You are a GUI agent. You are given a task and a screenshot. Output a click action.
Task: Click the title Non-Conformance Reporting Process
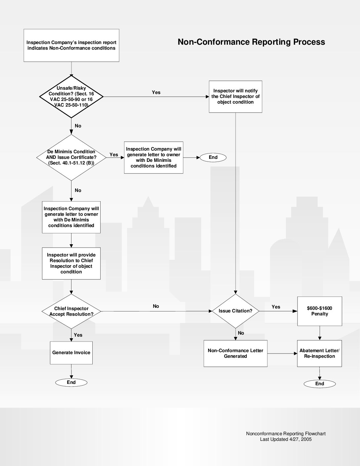point(251,42)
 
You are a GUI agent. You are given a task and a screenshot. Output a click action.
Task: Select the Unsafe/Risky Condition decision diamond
point(71,97)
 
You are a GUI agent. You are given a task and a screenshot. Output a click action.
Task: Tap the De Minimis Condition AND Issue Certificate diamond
point(71,157)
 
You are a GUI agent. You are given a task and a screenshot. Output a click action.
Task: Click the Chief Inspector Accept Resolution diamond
point(71,311)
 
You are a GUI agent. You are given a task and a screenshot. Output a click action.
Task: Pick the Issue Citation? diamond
point(235,311)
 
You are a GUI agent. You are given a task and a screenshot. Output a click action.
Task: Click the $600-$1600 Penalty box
point(319,311)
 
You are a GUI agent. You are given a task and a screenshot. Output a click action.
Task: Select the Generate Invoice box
point(71,352)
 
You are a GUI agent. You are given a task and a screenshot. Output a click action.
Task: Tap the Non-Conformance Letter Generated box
point(235,353)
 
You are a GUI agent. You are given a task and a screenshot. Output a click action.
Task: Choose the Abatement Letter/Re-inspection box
point(319,353)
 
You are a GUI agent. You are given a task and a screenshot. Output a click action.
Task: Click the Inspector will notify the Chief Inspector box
point(235,96)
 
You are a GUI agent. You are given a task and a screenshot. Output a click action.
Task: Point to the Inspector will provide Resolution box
point(71,263)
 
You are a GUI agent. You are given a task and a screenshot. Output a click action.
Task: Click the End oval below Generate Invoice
point(71,382)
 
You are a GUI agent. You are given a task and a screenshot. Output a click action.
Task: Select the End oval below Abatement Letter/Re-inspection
point(320,384)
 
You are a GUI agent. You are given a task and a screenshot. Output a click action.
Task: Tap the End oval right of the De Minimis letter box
point(213,157)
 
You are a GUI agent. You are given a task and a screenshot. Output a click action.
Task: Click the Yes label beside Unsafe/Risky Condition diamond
point(156,92)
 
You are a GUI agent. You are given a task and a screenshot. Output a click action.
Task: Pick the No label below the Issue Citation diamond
point(241,333)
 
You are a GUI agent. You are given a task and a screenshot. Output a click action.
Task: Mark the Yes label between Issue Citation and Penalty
point(276,307)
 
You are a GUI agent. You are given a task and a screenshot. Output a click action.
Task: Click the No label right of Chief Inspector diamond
point(156,306)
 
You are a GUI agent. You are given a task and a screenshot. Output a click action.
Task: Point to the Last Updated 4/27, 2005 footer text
point(286,439)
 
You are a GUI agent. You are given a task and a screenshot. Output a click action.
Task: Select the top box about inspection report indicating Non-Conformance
point(71,45)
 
